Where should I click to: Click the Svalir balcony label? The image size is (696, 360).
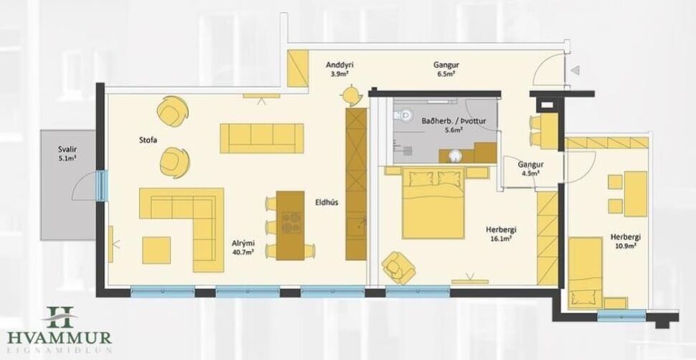pos(68,150)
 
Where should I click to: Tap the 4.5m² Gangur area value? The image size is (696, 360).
pos(530,173)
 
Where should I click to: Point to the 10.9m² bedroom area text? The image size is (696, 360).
pos(625,246)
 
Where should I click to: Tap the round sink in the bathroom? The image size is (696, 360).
pos(455,155)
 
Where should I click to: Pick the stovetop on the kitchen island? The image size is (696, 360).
pos(291,223)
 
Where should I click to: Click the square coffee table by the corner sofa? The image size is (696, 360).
pos(156,250)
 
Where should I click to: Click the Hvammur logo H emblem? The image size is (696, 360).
pos(60,316)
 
